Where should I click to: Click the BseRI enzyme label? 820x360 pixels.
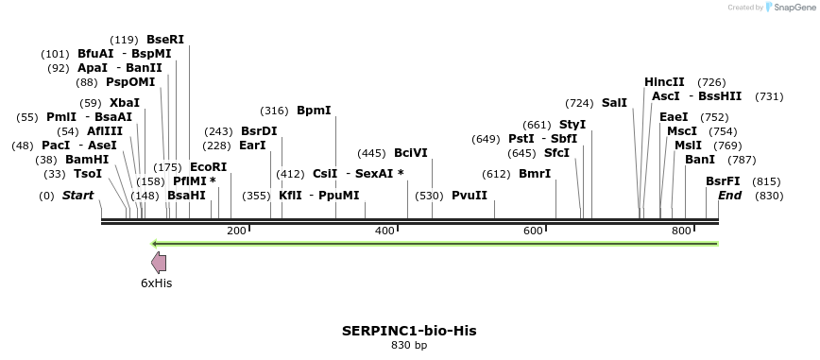coord(165,40)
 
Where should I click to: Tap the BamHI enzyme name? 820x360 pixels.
coord(87,160)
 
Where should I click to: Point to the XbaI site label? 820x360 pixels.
coord(125,103)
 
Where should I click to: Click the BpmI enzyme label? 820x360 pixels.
coord(314,111)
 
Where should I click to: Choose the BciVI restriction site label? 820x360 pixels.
coord(411,153)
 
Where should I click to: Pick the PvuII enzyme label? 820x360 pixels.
coord(470,196)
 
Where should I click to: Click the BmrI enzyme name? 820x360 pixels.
coord(535,174)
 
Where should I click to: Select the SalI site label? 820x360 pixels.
coord(614,103)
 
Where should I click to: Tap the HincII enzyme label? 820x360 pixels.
coord(664,83)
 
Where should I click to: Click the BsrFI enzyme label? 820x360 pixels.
coord(723,181)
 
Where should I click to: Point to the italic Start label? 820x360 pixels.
coord(77,196)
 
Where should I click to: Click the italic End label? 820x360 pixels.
coord(729,196)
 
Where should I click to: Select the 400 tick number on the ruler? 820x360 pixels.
coord(384,231)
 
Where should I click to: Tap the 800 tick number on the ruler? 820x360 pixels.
coord(680,231)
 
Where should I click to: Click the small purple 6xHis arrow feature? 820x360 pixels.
coord(159,264)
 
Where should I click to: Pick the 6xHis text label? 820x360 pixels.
coord(156,283)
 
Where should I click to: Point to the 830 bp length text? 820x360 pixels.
coord(409,346)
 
